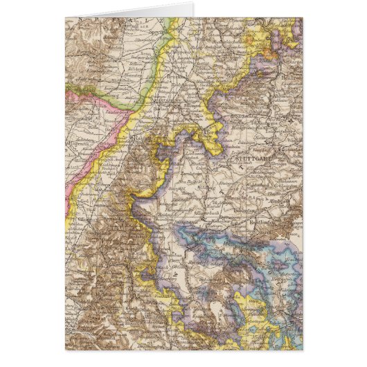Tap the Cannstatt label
[x=285, y=150]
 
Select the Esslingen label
[x=289, y=166]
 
